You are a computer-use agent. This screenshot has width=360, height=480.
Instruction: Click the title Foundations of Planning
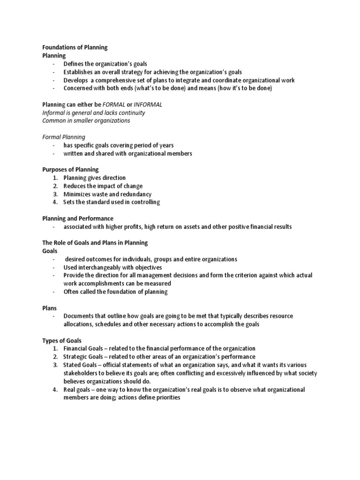pyautogui.click(x=75, y=47)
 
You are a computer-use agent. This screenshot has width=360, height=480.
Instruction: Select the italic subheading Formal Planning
pyautogui.click(x=64, y=137)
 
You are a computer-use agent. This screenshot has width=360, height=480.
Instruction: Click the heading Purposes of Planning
pyautogui.click(x=70, y=170)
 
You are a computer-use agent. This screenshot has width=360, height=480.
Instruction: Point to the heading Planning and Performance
pyautogui.click(x=78, y=218)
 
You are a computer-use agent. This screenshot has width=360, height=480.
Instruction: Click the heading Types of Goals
pyautogui.click(x=62, y=340)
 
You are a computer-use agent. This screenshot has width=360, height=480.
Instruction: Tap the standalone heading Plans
pyautogui.click(x=50, y=308)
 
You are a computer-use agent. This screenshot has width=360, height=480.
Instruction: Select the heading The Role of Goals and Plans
pyautogui.click(x=95, y=243)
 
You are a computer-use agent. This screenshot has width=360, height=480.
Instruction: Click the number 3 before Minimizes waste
pyautogui.click(x=55, y=194)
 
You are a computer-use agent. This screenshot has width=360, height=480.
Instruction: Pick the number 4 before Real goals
pyautogui.click(x=55, y=390)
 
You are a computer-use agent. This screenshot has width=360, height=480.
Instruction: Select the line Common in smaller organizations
pyautogui.click(x=86, y=121)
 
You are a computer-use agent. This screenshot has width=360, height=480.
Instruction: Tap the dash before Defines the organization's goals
pyautogui.click(x=54, y=64)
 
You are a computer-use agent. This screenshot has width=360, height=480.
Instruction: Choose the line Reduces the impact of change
pyautogui.click(x=103, y=186)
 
